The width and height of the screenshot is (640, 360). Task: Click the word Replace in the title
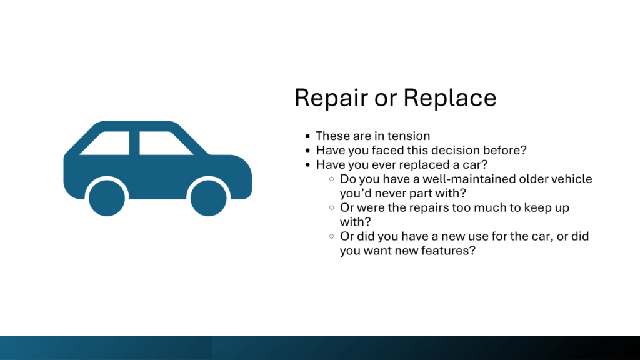(450, 98)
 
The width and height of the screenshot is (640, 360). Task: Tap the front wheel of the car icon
(209, 198)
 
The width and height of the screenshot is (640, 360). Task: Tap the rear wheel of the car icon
(107, 198)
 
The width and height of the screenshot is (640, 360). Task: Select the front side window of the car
(165, 143)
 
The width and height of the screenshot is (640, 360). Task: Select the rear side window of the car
(107, 143)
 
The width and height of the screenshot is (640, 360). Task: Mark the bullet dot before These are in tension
(307, 136)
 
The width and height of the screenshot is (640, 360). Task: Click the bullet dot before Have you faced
(307, 150)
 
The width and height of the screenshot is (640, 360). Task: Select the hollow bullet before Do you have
(331, 179)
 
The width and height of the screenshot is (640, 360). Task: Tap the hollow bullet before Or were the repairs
(331, 207)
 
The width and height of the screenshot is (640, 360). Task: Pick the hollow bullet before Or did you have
(331, 236)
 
